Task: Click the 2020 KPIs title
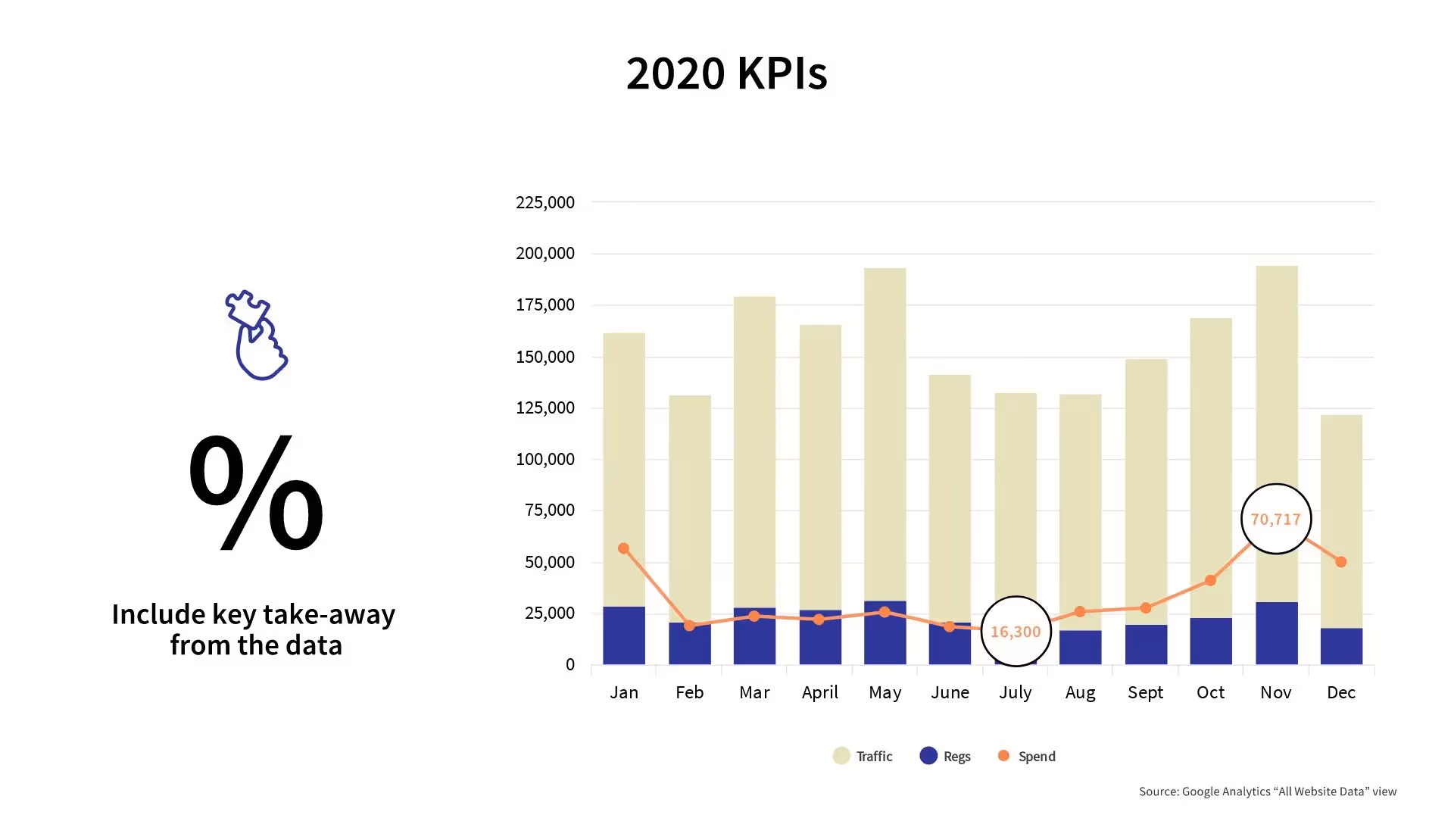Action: pos(726,73)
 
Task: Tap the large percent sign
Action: pos(256,492)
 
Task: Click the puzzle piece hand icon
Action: pos(256,335)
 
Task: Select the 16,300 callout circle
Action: pos(1016,632)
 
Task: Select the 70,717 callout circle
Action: pos(1276,520)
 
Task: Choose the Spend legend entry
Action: pos(1027,756)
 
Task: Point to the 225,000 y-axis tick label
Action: pos(544,202)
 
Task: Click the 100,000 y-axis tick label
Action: pos(544,459)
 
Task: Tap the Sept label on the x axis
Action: pos(1145,692)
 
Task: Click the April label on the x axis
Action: pos(820,692)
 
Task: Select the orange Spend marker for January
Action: pos(623,548)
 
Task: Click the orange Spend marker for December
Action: pos(1341,562)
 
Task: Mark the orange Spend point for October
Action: pos(1210,580)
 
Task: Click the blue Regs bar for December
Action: pos(1341,646)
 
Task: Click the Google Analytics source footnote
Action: pos(1268,791)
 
